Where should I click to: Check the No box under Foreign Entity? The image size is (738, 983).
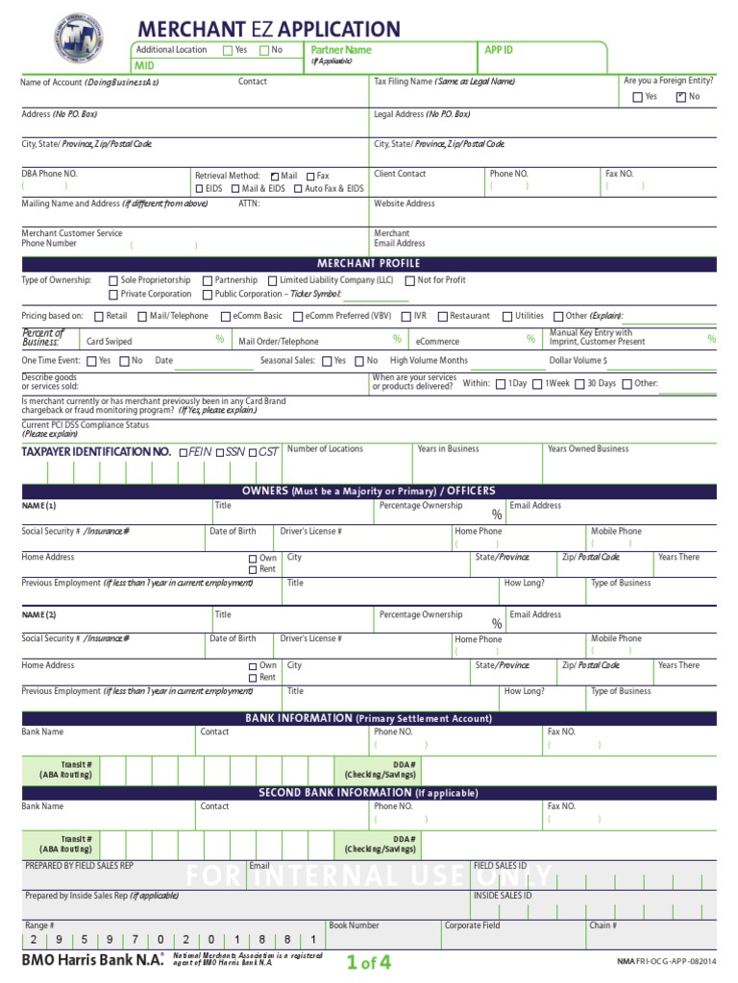680,97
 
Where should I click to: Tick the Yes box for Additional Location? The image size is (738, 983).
228,50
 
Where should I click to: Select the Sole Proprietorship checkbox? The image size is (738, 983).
113,280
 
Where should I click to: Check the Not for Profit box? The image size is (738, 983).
410,280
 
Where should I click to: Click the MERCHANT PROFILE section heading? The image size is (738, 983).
369,264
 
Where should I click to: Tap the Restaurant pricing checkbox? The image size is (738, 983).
443,316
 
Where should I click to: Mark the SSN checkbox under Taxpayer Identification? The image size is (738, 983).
218,451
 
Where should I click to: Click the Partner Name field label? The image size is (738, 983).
340,50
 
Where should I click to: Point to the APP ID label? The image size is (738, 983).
499,50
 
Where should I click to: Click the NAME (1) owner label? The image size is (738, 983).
38,506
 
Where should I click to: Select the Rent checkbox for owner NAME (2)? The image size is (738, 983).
253,678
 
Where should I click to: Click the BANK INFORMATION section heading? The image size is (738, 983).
369,718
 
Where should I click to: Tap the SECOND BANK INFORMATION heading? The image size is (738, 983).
369,793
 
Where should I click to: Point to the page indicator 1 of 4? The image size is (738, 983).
369,962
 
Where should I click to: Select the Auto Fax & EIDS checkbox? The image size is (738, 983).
298,189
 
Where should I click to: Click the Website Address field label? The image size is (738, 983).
404,204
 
